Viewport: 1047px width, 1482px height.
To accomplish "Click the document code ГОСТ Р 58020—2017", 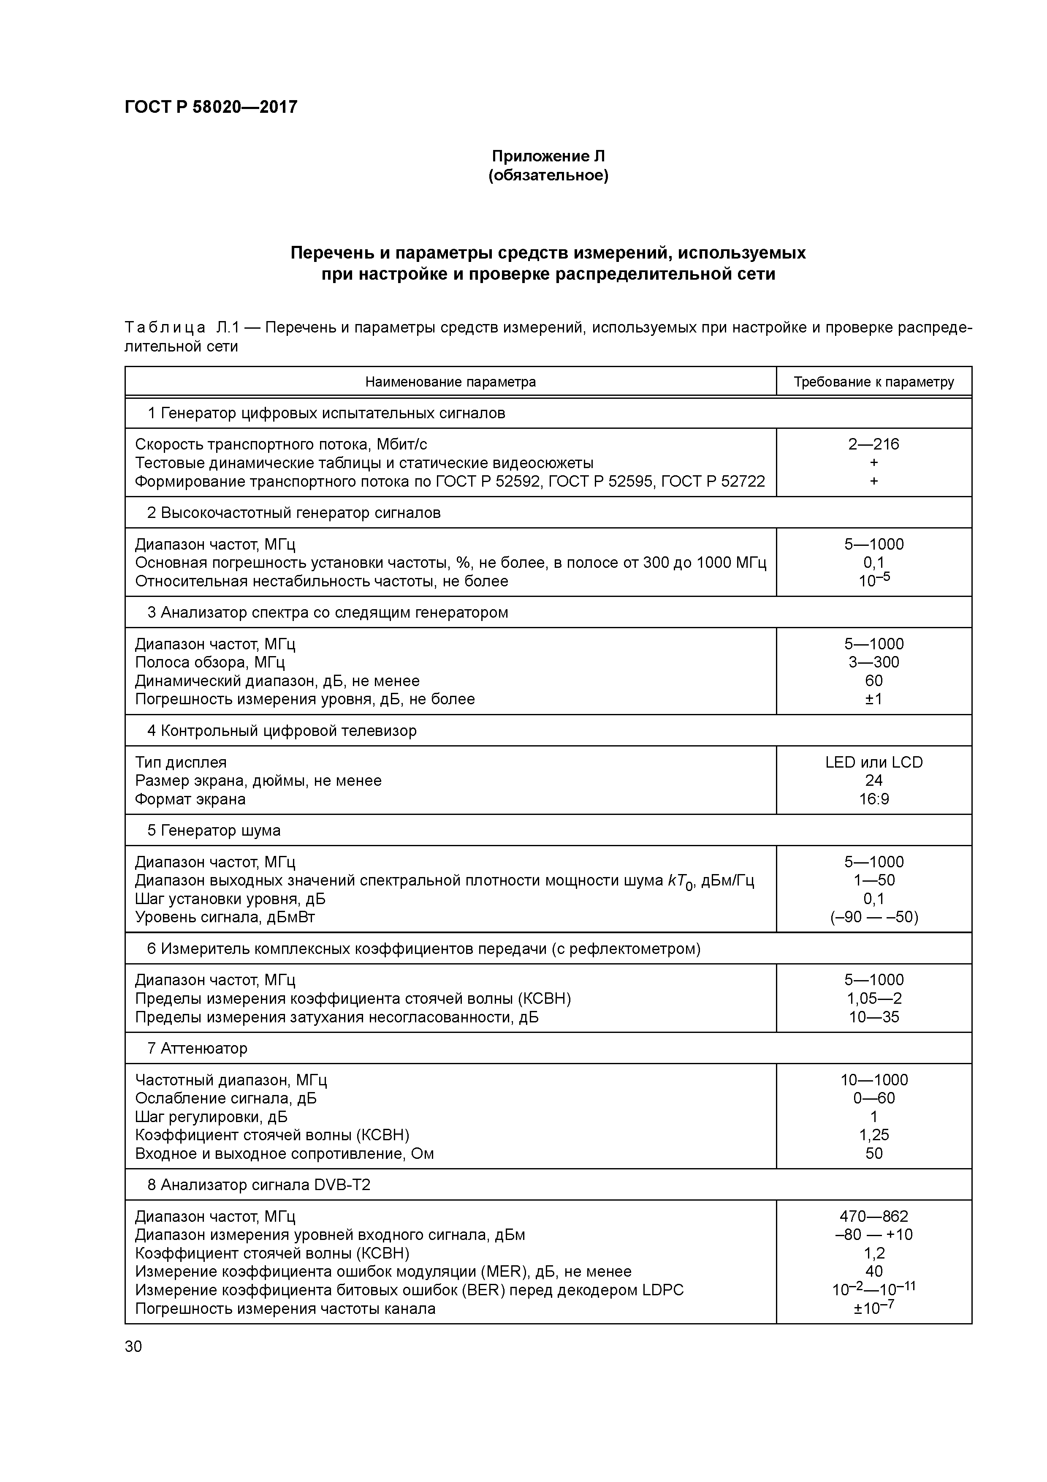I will (211, 106).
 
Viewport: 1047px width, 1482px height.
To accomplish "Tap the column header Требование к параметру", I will (873, 381).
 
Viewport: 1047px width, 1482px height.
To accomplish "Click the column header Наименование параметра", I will (450, 381).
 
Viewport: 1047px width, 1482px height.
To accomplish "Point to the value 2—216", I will (873, 444).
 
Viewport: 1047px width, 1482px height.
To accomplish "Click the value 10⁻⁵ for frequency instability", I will (873, 580).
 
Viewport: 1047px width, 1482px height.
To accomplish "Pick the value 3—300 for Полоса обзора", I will (873, 662).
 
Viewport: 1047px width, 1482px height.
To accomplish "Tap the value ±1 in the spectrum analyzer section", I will (873, 699).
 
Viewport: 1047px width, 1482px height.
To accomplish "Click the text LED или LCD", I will (873, 762).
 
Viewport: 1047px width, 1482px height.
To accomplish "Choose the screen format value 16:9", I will (873, 799).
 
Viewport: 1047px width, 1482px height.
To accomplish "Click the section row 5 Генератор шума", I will (214, 831).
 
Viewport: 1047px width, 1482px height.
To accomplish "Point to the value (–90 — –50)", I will (873, 917).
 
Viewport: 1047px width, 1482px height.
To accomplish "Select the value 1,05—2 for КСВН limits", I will (873, 999).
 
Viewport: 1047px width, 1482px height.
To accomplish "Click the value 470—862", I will (873, 1216).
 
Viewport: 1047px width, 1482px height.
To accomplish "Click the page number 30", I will (133, 1346).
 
